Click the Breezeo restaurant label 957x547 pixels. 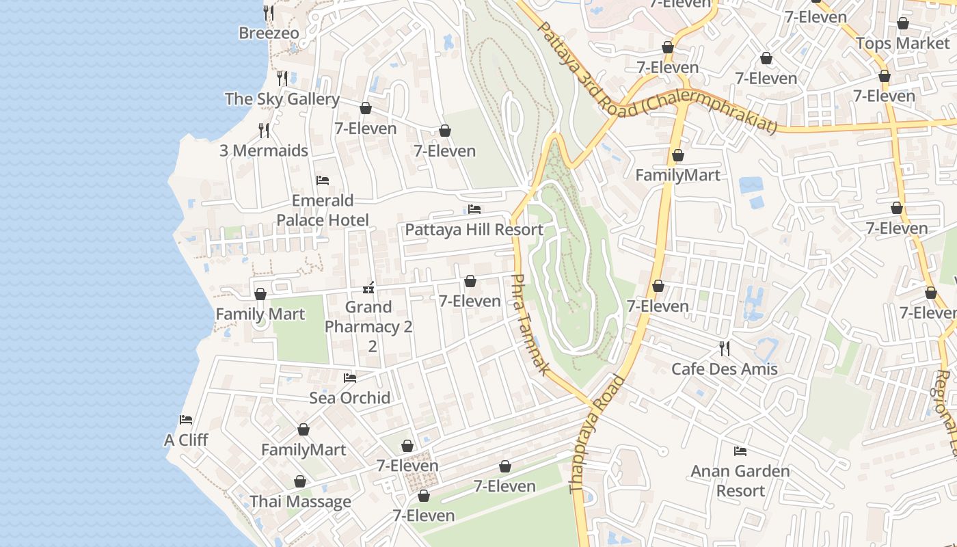[269, 33]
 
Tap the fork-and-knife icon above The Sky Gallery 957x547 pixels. [282, 79]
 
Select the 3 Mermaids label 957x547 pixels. [263, 150]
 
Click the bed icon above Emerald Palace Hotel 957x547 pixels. [323, 181]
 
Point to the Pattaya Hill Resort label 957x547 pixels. [474, 230]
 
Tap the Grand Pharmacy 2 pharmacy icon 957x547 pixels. [368, 287]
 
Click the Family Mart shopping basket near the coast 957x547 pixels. [260, 294]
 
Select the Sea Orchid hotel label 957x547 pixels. [350, 398]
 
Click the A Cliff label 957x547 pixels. [186, 440]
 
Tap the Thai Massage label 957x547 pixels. [300, 501]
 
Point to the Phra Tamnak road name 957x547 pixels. [530, 324]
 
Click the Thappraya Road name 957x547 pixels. [597, 434]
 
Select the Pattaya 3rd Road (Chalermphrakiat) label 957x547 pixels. [657, 79]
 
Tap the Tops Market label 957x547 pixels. [902, 44]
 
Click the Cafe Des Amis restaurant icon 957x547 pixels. [725, 349]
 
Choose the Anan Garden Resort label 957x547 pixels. [740, 481]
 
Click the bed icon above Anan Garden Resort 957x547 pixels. [740, 451]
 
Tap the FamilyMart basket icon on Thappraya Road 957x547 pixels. [677, 156]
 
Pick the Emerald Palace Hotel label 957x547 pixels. [323, 210]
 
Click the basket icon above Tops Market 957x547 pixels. [902, 23]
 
